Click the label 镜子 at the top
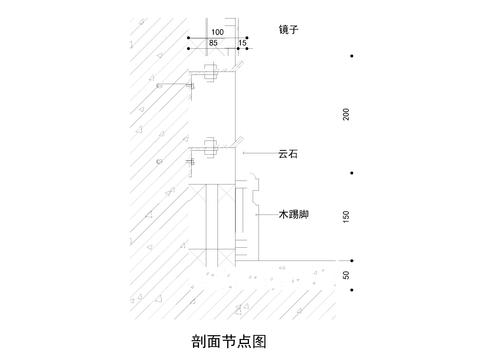tap(289, 29)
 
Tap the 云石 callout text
tap(288, 153)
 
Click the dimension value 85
tap(213, 45)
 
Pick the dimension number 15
tap(243, 45)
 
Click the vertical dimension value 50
tap(346, 276)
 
